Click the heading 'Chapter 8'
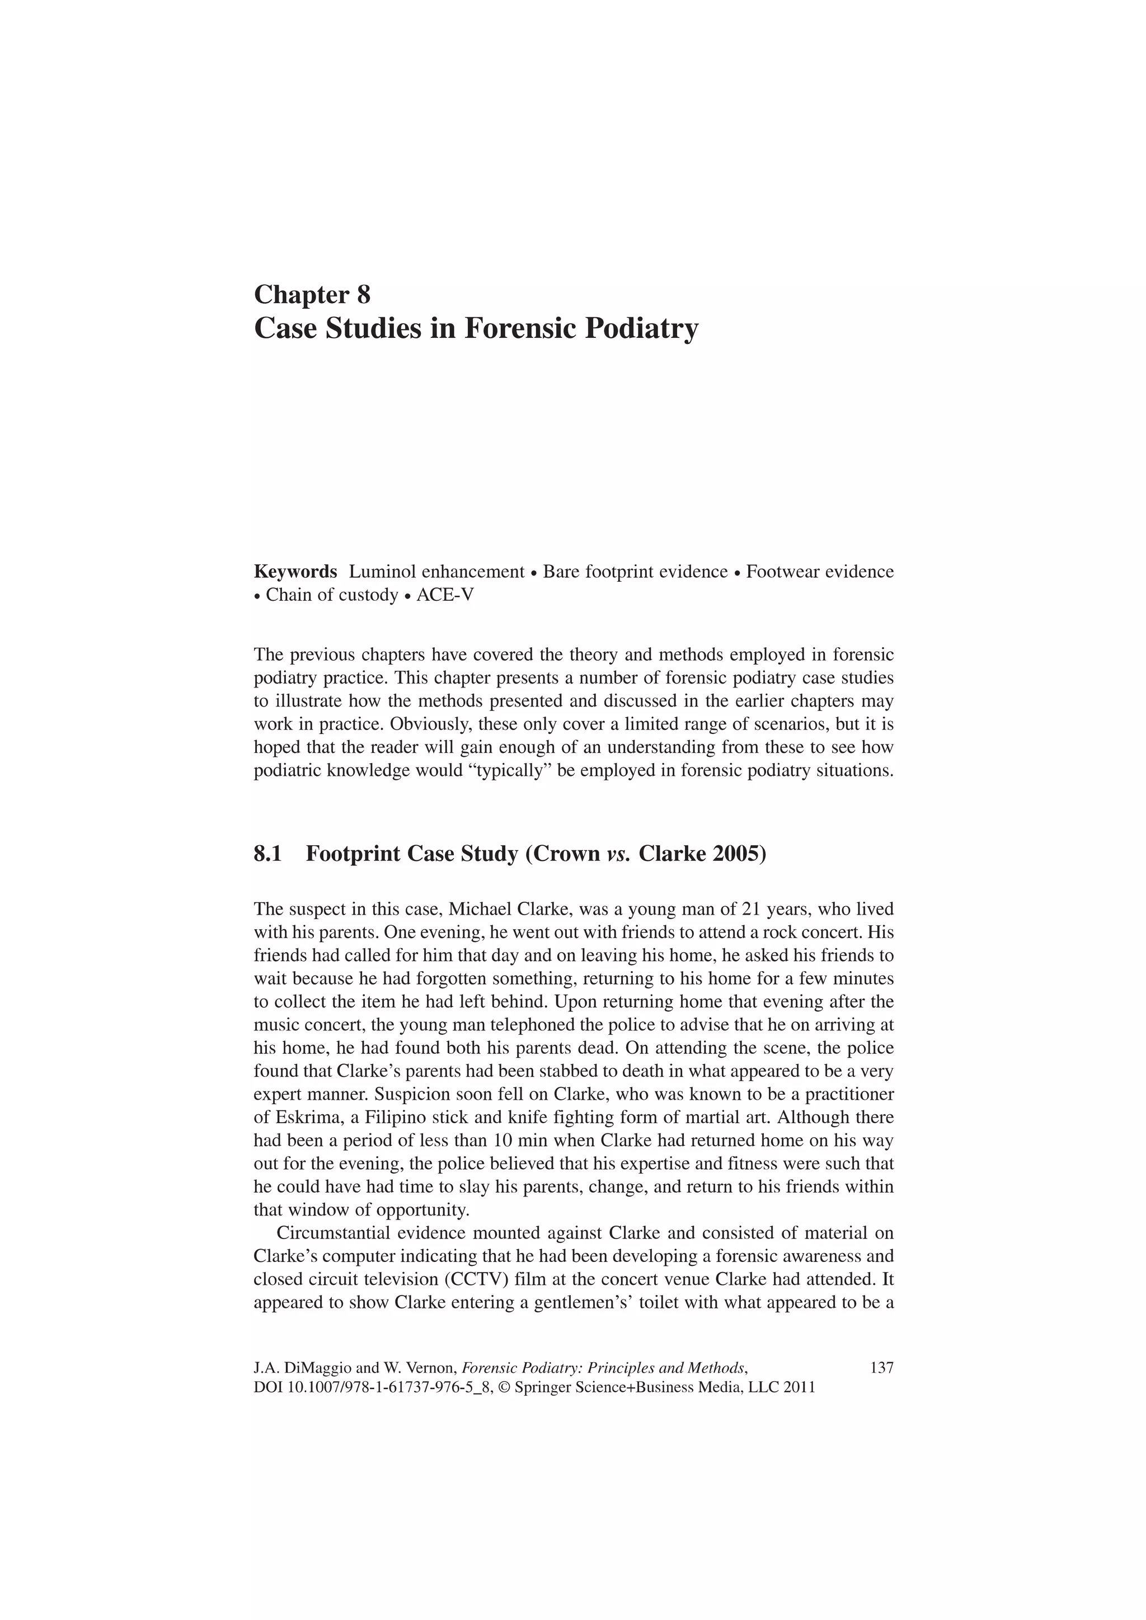(312, 294)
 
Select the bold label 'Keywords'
(295, 572)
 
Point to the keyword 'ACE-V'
(445, 595)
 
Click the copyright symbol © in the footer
(503, 1387)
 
